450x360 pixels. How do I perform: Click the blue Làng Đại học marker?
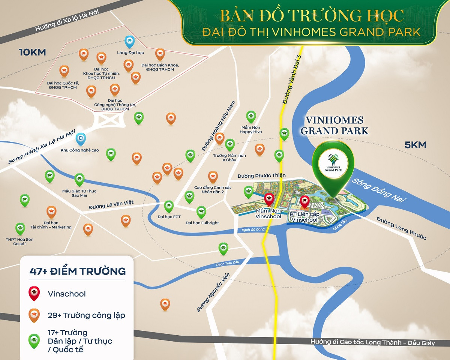(x=129, y=42)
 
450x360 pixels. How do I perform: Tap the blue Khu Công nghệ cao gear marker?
(x=80, y=139)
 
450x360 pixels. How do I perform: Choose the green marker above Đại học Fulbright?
(x=201, y=212)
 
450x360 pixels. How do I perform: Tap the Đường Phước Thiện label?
(x=261, y=175)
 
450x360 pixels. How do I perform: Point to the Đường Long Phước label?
(x=401, y=228)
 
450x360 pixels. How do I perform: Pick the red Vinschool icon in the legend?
(x=34, y=294)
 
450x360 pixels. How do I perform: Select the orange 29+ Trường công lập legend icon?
(x=34, y=315)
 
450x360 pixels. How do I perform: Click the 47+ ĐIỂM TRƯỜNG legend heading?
(x=77, y=271)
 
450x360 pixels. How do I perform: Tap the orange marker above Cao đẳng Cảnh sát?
(x=213, y=177)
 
